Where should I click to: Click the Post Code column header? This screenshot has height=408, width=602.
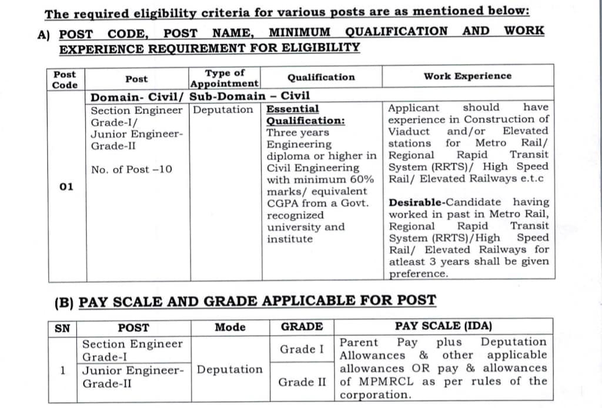65,79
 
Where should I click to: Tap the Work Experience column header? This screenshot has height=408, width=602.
467,76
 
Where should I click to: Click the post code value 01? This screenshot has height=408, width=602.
66,186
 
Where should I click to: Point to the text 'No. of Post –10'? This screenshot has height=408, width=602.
132,169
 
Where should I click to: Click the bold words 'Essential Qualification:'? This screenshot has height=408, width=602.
306,115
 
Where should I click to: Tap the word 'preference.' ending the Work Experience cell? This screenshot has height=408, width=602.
418,274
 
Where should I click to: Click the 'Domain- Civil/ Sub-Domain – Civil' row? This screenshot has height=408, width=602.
200,96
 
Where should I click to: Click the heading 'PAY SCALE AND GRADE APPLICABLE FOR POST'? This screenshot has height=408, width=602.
257,300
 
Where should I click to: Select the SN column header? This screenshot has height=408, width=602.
62,327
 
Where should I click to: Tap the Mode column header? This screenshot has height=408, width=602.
230,327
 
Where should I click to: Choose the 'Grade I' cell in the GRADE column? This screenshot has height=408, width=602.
302,349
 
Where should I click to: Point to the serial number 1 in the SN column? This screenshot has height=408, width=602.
62,370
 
